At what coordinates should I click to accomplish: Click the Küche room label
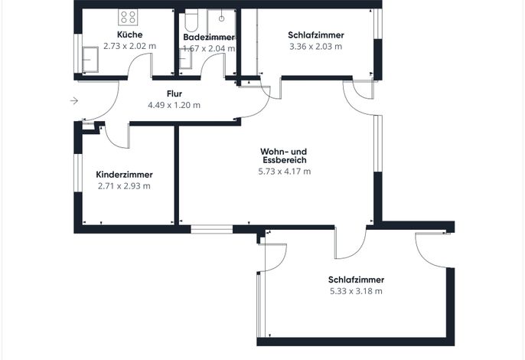click(x=129, y=34)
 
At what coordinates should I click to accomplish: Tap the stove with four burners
click(x=128, y=17)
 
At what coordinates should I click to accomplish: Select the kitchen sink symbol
click(x=90, y=59)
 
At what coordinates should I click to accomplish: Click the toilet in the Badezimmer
click(x=191, y=20)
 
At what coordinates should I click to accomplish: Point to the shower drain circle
click(x=221, y=19)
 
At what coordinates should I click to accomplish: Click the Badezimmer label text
click(x=209, y=37)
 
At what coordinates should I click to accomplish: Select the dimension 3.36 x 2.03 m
click(x=316, y=46)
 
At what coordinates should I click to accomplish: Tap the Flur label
click(x=174, y=93)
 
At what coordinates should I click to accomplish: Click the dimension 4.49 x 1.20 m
click(x=174, y=105)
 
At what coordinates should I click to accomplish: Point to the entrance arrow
click(x=74, y=100)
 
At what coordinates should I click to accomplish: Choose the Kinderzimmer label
click(x=124, y=175)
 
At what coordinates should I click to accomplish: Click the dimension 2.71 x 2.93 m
click(x=124, y=186)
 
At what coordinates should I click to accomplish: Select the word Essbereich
click(x=285, y=160)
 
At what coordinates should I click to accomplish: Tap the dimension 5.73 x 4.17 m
click(x=285, y=172)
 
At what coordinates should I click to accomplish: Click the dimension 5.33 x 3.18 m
click(x=356, y=291)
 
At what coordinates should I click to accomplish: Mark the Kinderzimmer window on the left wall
click(x=78, y=173)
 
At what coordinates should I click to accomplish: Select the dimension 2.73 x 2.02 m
click(x=129, y=46)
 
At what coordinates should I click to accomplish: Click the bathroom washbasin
click(x=185, y=59)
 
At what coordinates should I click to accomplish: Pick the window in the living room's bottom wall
click(x=211, y=229)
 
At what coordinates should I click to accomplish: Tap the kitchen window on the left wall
click(x=78, y=54)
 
